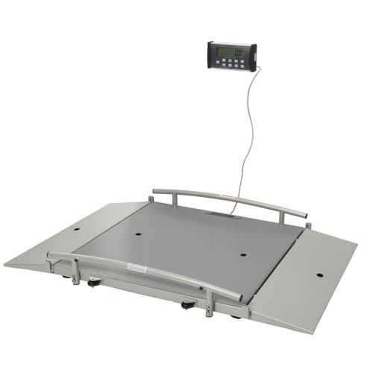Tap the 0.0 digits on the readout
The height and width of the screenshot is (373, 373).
coord(237,52)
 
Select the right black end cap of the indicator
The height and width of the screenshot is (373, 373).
coord(254,57)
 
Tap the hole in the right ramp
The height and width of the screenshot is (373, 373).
coord(319,275)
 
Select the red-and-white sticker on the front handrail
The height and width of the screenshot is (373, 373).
coord(138,267)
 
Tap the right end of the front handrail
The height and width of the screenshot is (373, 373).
coord(238,298)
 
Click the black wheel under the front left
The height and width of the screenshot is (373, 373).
coord(94,283)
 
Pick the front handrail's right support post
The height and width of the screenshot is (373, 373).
coord(210,301)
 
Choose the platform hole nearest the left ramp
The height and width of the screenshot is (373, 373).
coord(139,231)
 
